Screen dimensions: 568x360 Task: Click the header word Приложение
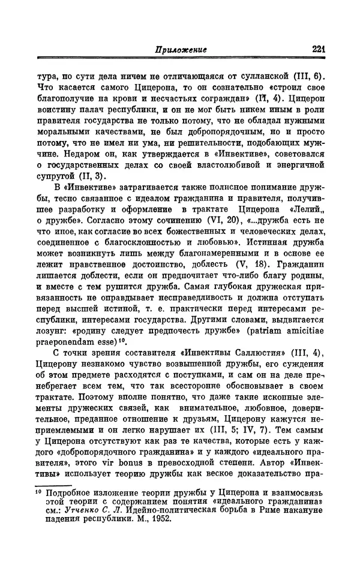[x=178, y=51]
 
